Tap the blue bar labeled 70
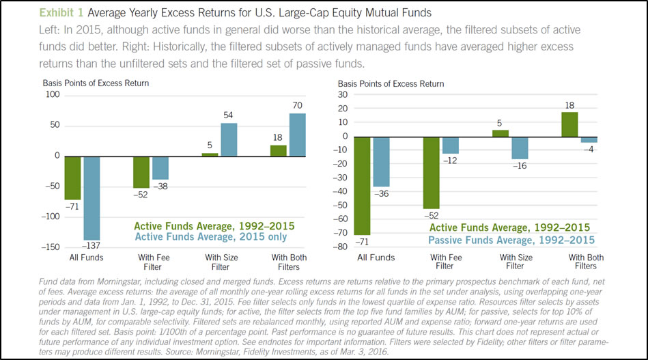[297, 135]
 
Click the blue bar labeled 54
[229, 139]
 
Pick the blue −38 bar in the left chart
[160, 167]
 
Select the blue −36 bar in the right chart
[381, 161]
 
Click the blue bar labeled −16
[520, 148]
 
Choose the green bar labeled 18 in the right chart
[572, 124]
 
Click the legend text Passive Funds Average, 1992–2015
[511, 240]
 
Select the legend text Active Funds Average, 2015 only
[211, 236]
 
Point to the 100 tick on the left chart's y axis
[53, 94]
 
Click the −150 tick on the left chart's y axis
[50, 247]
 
